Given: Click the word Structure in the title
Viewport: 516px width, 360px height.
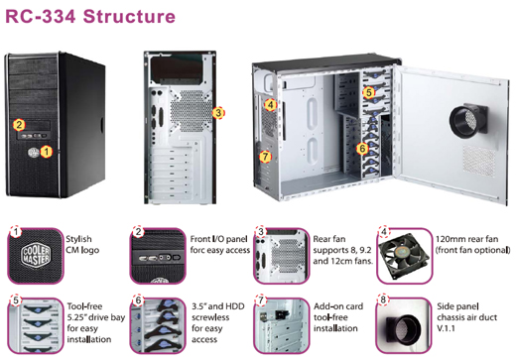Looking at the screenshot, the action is [x=129, y=17].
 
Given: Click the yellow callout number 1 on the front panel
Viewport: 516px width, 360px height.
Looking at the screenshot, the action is [x=47, y=152].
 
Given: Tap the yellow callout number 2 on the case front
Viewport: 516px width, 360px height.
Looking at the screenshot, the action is [x=19, y=125].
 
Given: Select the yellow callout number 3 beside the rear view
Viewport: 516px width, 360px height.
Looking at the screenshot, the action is [x=218, y=113].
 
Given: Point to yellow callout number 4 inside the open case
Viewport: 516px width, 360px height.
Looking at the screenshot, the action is [x=271, y=105].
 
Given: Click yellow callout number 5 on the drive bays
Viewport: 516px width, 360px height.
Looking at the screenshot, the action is [x=369, y=92].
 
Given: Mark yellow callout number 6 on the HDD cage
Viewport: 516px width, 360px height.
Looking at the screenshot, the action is [x=362, y=149].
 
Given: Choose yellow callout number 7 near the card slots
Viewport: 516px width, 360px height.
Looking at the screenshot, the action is [x=265, y=157].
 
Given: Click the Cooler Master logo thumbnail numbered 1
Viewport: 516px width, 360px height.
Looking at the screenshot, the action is [x=36, y=256].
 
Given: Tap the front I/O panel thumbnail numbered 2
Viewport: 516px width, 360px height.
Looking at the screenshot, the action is [x=158, y=256].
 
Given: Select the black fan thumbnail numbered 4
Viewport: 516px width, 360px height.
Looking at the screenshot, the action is [x=404, y=256].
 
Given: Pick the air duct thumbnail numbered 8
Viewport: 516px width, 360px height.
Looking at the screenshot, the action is [x=404, y=325].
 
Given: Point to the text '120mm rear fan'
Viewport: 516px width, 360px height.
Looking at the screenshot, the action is [x=466, y=239].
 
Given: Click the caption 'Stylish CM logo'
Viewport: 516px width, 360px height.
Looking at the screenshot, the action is [x=82, y=244].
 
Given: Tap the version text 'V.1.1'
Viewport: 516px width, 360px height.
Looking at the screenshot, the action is [x=446, y=328].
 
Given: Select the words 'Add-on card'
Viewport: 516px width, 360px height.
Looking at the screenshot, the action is [x=338, y=306].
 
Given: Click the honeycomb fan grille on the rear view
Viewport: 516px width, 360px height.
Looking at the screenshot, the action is [x=191, y=111].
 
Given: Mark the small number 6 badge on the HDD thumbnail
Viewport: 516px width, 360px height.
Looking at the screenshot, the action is [x=138, y=300].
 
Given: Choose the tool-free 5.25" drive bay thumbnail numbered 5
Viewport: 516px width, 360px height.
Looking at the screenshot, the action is [x=36, y=325].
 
